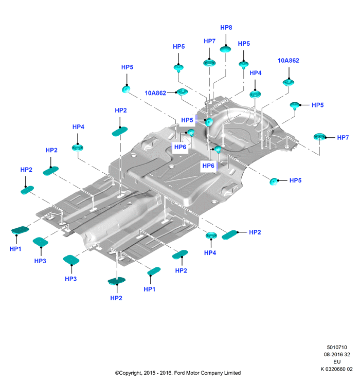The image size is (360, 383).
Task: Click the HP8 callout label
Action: (x=226, y=28)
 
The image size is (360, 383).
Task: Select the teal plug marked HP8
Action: (x=226, y=49)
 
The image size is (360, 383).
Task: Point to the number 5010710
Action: (x=337, y=348)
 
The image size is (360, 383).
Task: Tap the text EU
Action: (x=337, y=362)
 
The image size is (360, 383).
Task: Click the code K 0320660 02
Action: (x=336, y=369)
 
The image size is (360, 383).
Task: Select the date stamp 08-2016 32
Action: (x=337, y=354)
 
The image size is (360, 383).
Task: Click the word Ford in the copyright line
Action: (x=179, y=373)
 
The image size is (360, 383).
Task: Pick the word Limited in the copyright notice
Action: (x=232, y=373)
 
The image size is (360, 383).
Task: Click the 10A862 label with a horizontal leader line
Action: (x=155, y=93)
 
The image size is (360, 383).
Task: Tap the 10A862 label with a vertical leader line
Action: (x=289, y=61)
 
